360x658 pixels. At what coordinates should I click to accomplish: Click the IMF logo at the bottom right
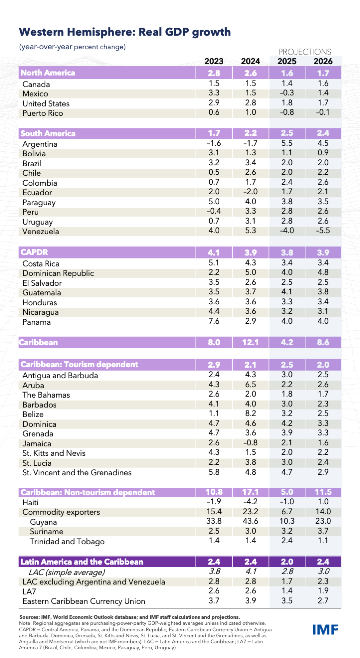[325, 630]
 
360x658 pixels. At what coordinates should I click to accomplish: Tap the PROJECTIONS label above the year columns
[305, 52]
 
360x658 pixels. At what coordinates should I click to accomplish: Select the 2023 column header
[214, 61]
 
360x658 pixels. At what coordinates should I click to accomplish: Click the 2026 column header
[323, 61]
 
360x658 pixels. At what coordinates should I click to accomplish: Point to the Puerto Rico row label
[43, 113]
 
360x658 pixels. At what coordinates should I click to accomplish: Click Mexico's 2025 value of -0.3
[287, 93]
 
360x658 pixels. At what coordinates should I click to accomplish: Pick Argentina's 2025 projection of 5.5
[287, 143]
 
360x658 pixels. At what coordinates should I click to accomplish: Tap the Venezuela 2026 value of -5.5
[323, 230]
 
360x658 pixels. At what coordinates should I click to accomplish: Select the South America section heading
[48, 133]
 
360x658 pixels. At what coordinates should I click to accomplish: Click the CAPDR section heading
[34, 252]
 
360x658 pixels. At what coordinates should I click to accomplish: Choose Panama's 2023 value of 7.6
[214, 321]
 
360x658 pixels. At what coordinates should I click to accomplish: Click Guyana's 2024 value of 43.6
[250, 521]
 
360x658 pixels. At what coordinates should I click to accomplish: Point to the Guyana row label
[43, 522]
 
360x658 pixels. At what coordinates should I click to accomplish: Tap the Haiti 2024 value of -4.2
[250, 501]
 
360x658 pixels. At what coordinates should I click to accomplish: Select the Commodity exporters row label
[61, 512]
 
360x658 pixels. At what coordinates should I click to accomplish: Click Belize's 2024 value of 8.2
[250, 413]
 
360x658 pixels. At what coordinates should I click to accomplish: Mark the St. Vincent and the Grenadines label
[77, 473]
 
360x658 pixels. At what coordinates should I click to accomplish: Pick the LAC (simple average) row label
[66, 572]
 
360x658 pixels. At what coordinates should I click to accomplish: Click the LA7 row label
[29, 592]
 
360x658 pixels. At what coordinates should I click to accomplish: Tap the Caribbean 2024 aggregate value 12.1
[250, 343]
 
